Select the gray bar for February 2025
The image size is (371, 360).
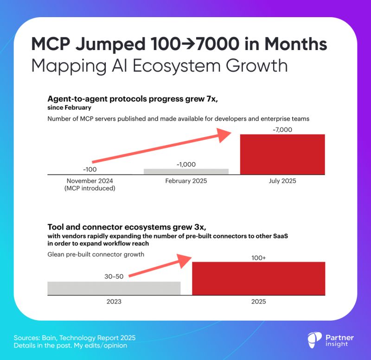point(186,171)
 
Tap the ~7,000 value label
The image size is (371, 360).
point(282,130)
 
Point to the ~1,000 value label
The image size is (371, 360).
point(186,164)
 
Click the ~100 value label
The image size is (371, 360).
point(90,169)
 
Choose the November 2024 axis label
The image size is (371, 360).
point(90,181)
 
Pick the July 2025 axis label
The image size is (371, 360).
point(282,181)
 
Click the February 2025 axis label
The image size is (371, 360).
point(186,181)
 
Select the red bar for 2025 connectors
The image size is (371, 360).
point(258,278)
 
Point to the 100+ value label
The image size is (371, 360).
point(258,257)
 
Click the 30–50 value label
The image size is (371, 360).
point(114,277)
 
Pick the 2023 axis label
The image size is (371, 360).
point(114,301)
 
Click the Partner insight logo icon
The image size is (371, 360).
point(315,340)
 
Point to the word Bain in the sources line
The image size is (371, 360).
point(50,337)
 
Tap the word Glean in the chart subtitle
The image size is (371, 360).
point(57,254)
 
